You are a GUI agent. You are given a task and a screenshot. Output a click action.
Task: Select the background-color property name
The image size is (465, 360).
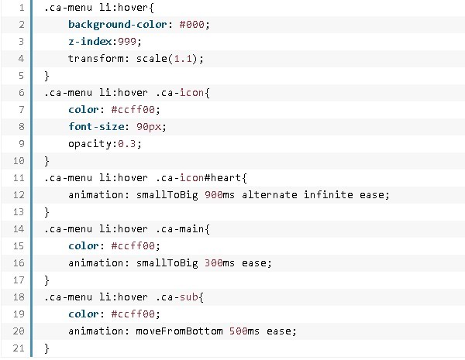tap(112, 25)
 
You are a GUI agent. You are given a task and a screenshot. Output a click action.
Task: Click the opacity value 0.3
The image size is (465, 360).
tap(132, 142)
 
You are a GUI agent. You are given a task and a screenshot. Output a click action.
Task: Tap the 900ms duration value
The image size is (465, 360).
tap(221, 194)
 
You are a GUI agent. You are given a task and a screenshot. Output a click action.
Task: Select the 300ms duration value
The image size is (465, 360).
tap(221, 262)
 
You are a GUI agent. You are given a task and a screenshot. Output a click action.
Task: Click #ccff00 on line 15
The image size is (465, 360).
tap(136, 245)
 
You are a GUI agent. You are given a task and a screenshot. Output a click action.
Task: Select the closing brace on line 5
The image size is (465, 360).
tap(46, 75)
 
